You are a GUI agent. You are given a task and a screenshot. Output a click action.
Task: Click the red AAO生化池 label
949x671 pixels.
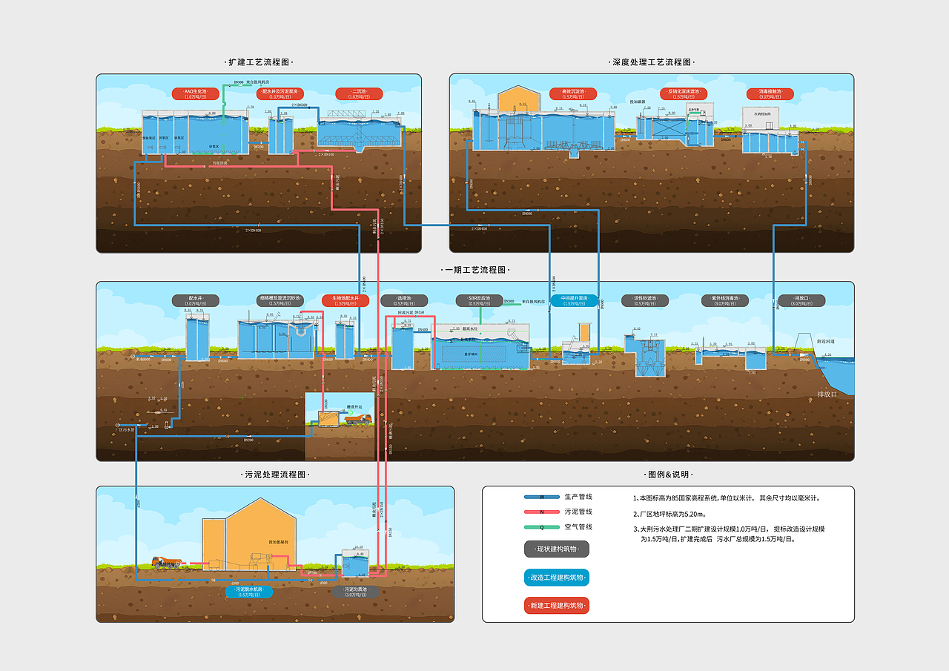coord(195,93)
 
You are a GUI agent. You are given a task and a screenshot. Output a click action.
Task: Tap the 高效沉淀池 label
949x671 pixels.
coord(568,93)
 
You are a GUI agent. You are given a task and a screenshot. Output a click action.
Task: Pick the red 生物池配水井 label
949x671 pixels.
coord(346,300)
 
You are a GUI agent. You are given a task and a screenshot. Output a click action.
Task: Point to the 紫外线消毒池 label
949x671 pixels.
coord(724,300)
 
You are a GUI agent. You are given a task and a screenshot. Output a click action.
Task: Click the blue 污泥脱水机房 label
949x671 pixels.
coord(248,592)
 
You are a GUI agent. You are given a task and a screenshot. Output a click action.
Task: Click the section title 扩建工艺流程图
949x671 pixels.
coord(259,62)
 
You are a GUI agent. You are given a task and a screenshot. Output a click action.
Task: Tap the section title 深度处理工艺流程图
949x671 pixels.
coord(652,62)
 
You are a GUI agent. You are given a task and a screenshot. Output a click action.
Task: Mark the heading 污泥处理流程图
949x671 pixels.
coord(275,474)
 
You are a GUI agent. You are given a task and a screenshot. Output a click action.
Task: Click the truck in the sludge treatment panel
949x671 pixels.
coord(167,563)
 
